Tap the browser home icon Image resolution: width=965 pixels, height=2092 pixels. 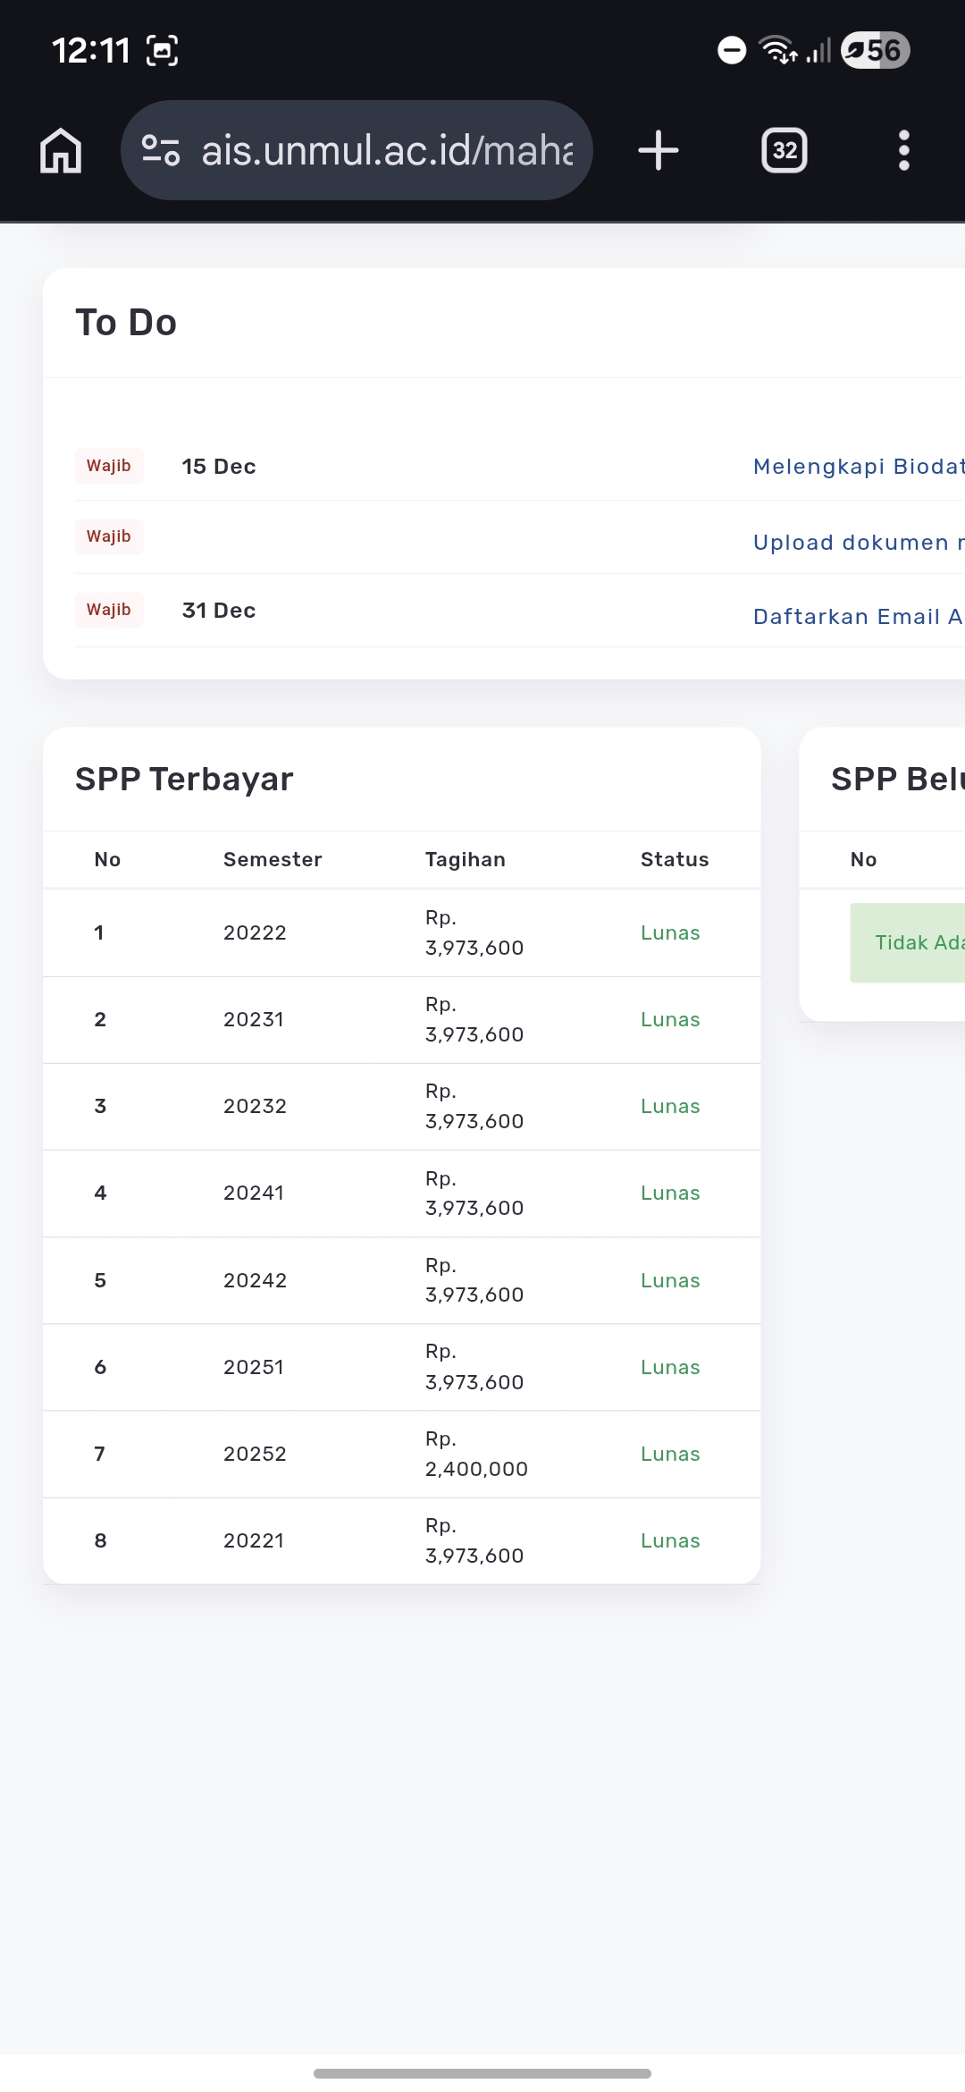[61, 150]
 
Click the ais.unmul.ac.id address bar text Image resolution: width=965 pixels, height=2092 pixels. [386, 150]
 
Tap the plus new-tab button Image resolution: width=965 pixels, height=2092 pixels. [659, 150]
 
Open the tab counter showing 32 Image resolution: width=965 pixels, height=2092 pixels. [784, 150]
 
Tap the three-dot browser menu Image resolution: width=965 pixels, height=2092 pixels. [903, 150]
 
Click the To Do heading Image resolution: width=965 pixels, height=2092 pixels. [126, 323]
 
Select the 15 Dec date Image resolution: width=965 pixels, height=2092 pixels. [219, 467]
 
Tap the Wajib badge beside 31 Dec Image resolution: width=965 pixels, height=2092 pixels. [109, 610]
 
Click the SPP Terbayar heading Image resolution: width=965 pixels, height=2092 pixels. [184, 780]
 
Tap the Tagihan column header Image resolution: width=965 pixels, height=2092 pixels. [465, 860]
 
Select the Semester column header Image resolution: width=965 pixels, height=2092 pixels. [273, 860]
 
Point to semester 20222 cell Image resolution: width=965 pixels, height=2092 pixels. [255, 933]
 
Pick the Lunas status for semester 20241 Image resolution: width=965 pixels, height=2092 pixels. [670, 1194]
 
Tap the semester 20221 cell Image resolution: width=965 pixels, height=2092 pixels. [254, 1541]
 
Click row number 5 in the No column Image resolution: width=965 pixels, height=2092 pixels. [100, 1280]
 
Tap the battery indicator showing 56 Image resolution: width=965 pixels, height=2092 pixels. [876, 50]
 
